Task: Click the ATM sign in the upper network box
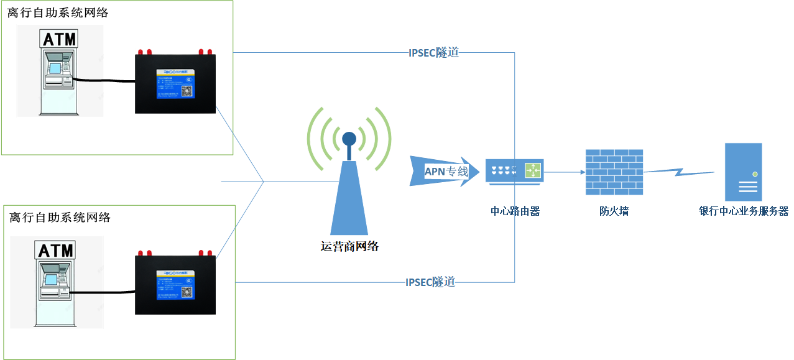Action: click(x=60, y=39)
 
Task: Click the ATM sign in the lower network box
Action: click(x=56, y=251)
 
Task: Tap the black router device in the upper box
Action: click(x=175, y=84)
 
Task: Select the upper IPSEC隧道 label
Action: click(x=433, y=53)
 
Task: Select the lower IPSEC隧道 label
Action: click(x=430, y=282)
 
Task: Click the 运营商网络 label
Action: click(x=349, y=246)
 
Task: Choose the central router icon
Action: click(x=514, y=171)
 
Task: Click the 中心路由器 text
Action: click(x=515, y=211)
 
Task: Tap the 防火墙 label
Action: click(x=614, y=211)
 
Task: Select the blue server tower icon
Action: click(x=743, y=172)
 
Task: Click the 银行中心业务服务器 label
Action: click(x=744, y=211)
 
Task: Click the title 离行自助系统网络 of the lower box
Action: click(x=60, y=217)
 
